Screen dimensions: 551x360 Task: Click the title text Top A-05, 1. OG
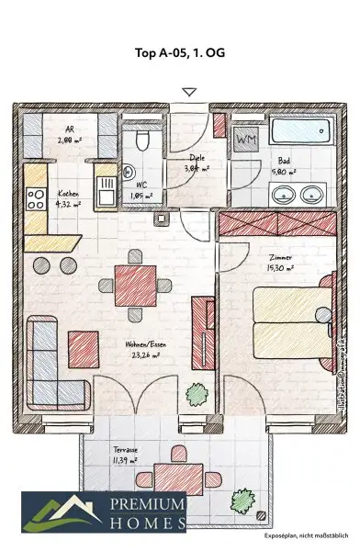179,52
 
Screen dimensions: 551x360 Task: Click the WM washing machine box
247,141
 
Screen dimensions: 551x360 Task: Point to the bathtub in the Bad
296,128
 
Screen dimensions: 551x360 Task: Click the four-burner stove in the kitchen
36,199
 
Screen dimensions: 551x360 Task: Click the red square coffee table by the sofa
83,346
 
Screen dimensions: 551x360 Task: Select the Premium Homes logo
104,511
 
